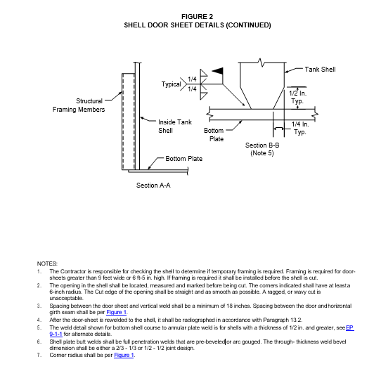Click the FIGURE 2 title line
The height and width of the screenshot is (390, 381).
coord(197,17)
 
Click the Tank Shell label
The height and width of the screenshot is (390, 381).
coord(320,70)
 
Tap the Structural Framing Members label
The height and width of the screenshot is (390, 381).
coord(79,105)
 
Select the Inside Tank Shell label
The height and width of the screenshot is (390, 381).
coord(175,126)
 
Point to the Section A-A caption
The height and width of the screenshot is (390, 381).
coord(153,186)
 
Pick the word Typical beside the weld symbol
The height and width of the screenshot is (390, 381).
coord(172,84)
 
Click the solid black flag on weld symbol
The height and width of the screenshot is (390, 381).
coord(217,71)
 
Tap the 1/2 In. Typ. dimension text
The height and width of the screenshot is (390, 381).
coord(297,97)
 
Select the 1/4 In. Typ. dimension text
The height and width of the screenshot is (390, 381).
coord(300,128)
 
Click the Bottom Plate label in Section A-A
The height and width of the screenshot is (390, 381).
coord(184,159)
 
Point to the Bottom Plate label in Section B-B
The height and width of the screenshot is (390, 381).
coord(214,134)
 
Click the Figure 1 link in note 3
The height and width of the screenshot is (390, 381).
coord(117,312)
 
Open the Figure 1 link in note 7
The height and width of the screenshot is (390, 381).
coord(124,355)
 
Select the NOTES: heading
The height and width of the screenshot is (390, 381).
coord(47,264)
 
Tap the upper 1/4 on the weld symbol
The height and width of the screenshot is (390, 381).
coord(192,79)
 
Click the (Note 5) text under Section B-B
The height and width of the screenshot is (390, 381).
coord(262,153)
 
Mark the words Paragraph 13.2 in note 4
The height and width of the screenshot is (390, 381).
coord(283,320)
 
